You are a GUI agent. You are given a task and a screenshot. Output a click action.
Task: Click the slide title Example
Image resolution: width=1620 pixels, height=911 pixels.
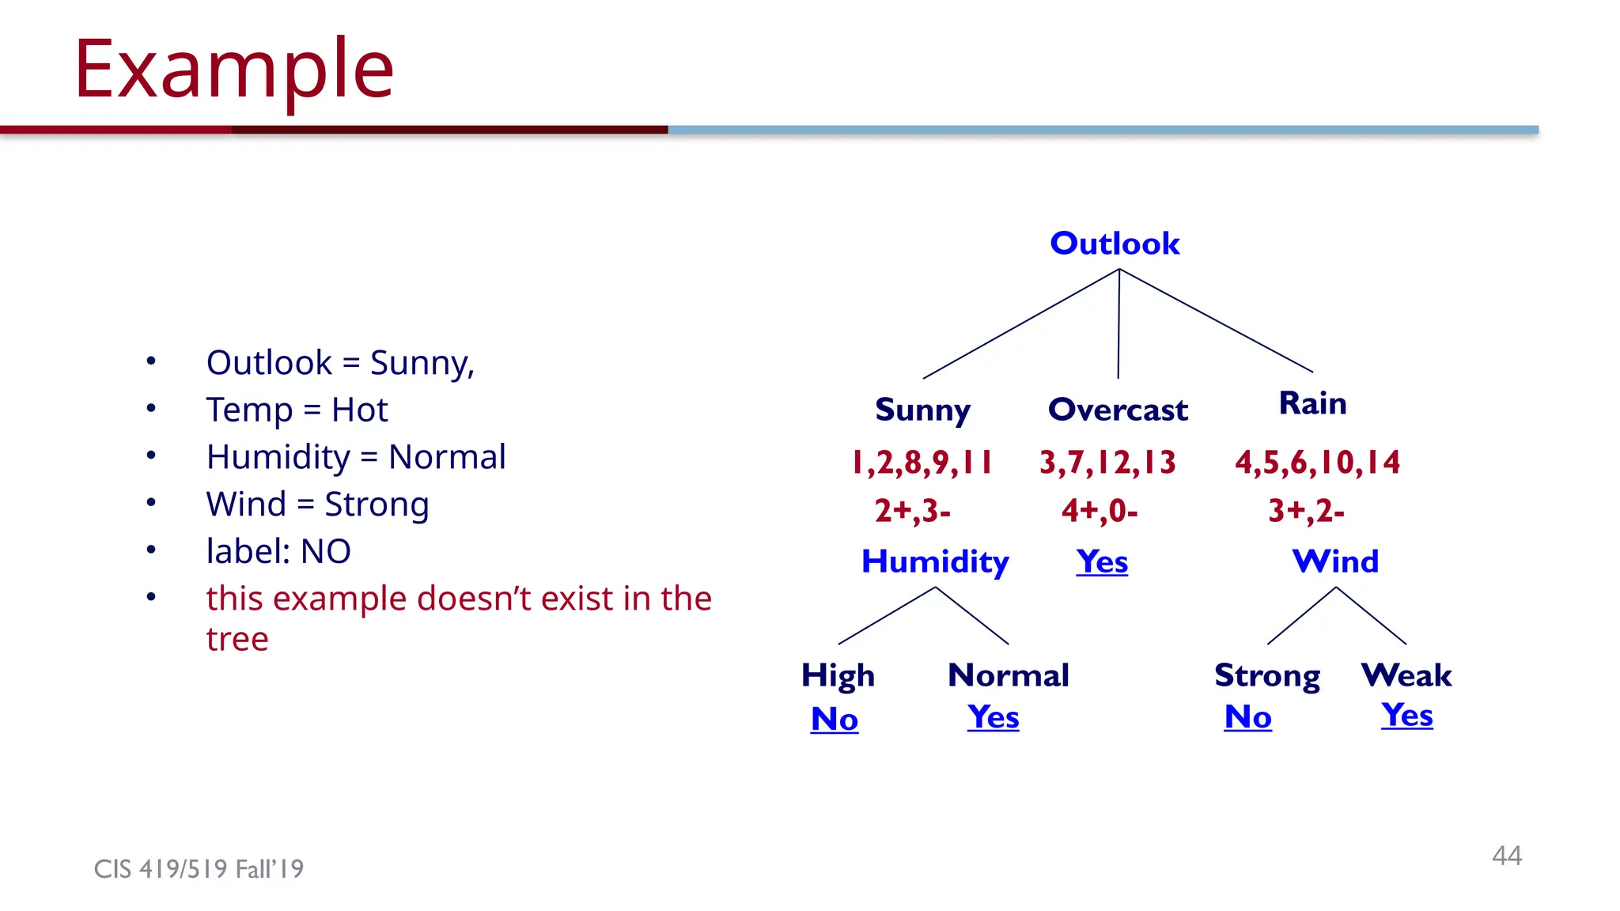pos(234,70)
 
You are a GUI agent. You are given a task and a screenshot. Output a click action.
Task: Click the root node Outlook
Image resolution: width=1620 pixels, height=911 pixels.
pos(1115,244)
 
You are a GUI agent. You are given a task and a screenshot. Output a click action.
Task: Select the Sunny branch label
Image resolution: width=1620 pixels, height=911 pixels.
pos(922,410)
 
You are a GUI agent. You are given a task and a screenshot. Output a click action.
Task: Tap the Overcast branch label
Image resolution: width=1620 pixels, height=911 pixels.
pos(1118,410)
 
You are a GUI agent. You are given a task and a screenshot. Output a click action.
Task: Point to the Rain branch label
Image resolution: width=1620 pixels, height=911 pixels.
pos(1312,403)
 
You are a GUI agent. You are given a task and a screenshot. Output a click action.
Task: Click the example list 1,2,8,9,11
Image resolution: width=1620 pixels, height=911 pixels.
pos(922,463)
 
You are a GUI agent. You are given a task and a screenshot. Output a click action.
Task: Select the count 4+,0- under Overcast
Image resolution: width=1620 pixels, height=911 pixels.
pos(1100,511)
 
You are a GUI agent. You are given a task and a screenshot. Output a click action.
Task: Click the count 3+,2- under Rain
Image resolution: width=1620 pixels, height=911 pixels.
pos(1306,511)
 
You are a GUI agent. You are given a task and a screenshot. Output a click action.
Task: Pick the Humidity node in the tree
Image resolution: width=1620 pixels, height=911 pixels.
pos(935,561)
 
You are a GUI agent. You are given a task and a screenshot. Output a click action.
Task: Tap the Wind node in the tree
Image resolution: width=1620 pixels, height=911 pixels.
pos(1335,561)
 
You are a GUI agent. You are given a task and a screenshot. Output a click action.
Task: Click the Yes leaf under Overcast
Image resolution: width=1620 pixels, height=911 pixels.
pos(1102,561)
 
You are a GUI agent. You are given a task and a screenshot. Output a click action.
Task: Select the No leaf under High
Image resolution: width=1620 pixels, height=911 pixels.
pos(835,719)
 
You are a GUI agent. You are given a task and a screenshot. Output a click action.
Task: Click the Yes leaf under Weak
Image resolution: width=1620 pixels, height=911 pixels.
pos(1406,715)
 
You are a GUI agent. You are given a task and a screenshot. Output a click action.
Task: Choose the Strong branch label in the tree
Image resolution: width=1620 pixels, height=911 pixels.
pos(1267,675)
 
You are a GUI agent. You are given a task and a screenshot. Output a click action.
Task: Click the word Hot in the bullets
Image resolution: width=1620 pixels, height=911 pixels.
pos(359,410)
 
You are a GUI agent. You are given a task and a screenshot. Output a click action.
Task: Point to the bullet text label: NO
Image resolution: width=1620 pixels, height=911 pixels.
pos(278,551)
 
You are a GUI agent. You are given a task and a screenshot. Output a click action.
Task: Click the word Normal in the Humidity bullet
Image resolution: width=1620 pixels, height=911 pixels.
pos(447,457)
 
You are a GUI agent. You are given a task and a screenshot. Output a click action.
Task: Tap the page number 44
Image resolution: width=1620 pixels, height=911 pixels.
pos(1506,856)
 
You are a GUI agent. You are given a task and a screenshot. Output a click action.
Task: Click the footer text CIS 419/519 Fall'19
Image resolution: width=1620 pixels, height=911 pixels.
pos(199,869)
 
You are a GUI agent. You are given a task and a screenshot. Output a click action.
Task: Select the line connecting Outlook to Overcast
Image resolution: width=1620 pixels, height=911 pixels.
pos(1118,324)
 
